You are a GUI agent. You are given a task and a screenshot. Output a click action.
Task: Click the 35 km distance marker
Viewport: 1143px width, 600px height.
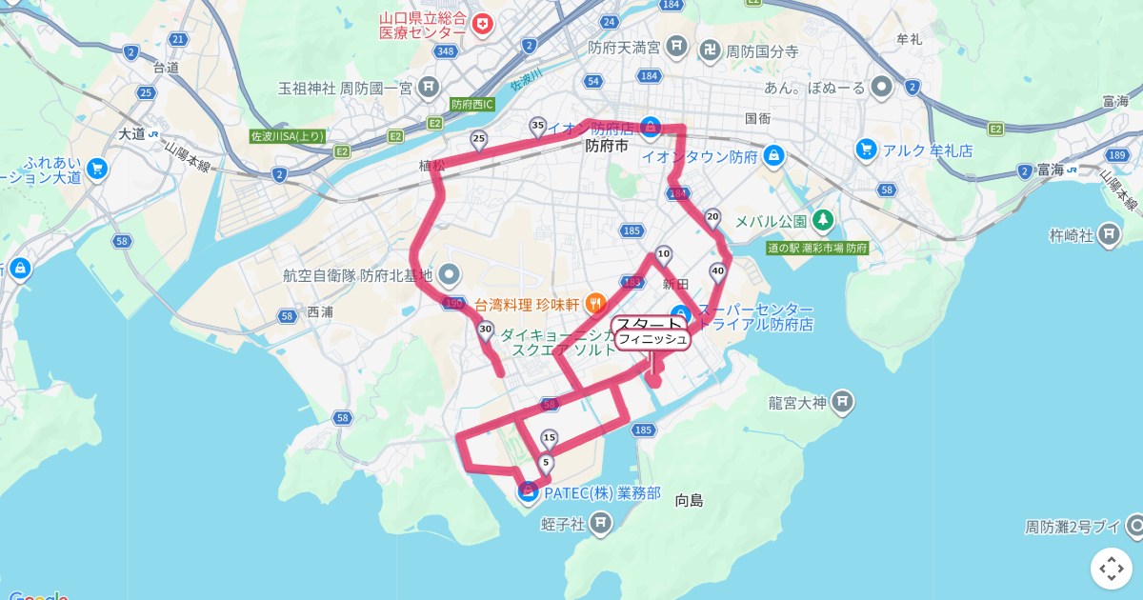coord(537,127)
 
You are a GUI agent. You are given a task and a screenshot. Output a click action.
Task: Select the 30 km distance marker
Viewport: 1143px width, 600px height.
coord(485,330)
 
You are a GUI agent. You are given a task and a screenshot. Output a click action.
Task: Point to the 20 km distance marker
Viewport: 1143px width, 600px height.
coord(712,218)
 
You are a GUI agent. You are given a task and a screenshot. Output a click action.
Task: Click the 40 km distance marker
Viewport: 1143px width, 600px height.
coord(716,272)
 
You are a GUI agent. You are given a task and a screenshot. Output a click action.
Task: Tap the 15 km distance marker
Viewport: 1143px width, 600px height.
coord(548,438)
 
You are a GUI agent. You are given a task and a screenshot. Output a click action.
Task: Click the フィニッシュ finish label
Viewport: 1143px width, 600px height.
coord(652,340)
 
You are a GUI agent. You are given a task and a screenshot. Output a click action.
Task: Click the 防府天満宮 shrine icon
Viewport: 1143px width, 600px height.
coord(676,45)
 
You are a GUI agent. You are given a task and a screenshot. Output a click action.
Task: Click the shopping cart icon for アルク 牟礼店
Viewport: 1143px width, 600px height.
coord(866,150)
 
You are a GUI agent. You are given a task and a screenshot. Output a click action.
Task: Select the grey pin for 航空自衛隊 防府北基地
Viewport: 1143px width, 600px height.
coord(451,275)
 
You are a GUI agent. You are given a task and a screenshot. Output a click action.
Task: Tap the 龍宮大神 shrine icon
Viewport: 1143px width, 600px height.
coord(842,403)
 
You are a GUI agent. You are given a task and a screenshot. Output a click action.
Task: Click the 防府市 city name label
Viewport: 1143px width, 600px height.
coord(607,147)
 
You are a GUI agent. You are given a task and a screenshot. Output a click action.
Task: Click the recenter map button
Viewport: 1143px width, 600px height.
coord(1112,569)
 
